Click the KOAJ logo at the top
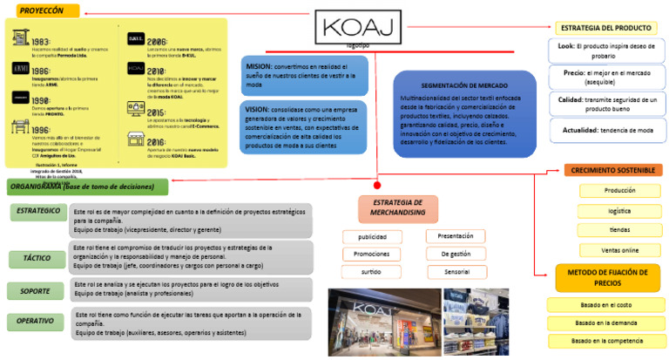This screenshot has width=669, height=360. point(355,24)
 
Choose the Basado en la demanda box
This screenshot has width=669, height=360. point(607,322)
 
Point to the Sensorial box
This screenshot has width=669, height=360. point(456,272)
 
